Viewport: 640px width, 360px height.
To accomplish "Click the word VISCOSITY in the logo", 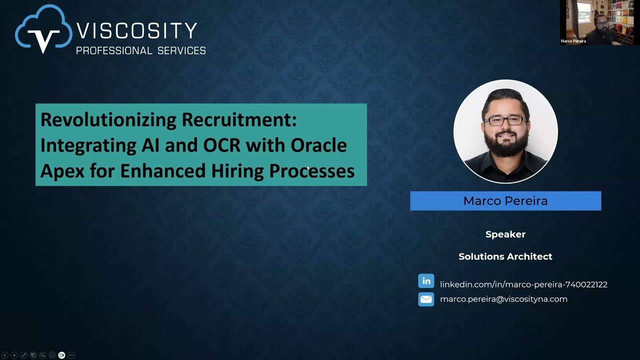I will pyautogui.click(x=136, y=31).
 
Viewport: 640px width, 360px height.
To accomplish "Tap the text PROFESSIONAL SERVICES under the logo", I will pyautogui.click(x=140, y=50).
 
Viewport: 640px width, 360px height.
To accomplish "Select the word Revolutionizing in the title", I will pyautogui.click(x=108, y=119).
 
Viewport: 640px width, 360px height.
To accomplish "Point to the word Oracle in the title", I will pyautogui.click(x=318, y=145).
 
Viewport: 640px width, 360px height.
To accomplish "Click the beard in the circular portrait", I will pyautogui.click(x=506, y=145).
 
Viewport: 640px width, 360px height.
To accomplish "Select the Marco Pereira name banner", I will pyautogui.click(x=505, y=201).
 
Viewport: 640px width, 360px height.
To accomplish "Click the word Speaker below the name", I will pyautogui.click(x=505, y=234).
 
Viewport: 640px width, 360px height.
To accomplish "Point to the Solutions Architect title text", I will pyautogui.click(x=505, y=256).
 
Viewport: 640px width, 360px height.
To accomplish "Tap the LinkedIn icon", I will pyautogui.click(x=426, y=281).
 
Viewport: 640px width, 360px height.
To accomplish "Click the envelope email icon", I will pyautogui.click(x=426, y=299).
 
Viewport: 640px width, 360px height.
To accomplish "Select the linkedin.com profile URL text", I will pyautogui.click(x=523, y=284).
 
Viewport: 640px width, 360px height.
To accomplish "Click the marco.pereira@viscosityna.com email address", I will pyautogui.click(x=503, y=299).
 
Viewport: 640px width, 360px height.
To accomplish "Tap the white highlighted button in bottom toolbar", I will pyautogui.click(x=61, y=355).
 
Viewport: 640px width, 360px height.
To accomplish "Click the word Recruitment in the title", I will pyautogui.click(x=239, y=119).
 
